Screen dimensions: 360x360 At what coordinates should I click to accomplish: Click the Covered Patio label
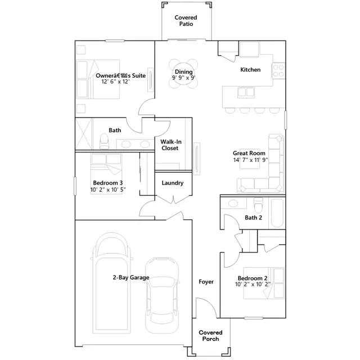tap(186, 21)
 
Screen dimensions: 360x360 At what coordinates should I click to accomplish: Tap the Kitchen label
tap(250, 70)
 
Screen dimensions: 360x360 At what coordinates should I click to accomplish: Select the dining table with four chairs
tap(183, 74)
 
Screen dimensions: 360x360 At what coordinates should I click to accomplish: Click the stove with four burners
tap(278, 70)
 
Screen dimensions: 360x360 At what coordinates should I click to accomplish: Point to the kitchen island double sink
tap(246, 92)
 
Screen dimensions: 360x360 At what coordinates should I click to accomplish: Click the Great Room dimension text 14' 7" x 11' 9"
tap(251, 160)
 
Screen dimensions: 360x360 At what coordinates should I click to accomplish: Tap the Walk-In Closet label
tap(170, 145)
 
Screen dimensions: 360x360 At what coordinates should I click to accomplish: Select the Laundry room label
tap(173, 183)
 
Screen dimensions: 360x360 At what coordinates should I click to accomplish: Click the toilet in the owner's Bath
tap(104, 141)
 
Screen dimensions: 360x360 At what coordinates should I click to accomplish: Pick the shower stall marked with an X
tap(84, 134)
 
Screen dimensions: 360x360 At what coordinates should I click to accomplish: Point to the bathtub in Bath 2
tap(277, 213)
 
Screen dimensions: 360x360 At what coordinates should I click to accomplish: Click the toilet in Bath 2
tap(258, 205)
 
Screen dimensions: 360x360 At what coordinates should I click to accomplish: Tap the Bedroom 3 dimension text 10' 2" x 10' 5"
tap(108, 190)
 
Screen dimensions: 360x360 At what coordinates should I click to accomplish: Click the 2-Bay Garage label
tap(131, 277)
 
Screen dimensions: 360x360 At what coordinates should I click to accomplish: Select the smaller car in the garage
tap(162, 295)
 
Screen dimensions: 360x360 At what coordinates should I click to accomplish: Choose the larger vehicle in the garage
tap(111, 283)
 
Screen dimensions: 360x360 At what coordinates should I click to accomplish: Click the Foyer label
tap(206, 282)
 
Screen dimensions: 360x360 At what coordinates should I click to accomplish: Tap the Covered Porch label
tap(210, 336)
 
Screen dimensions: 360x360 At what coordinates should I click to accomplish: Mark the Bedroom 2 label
tap(253, 278)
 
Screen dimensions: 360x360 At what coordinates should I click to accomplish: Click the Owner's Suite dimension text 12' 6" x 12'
tap(116, 82)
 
